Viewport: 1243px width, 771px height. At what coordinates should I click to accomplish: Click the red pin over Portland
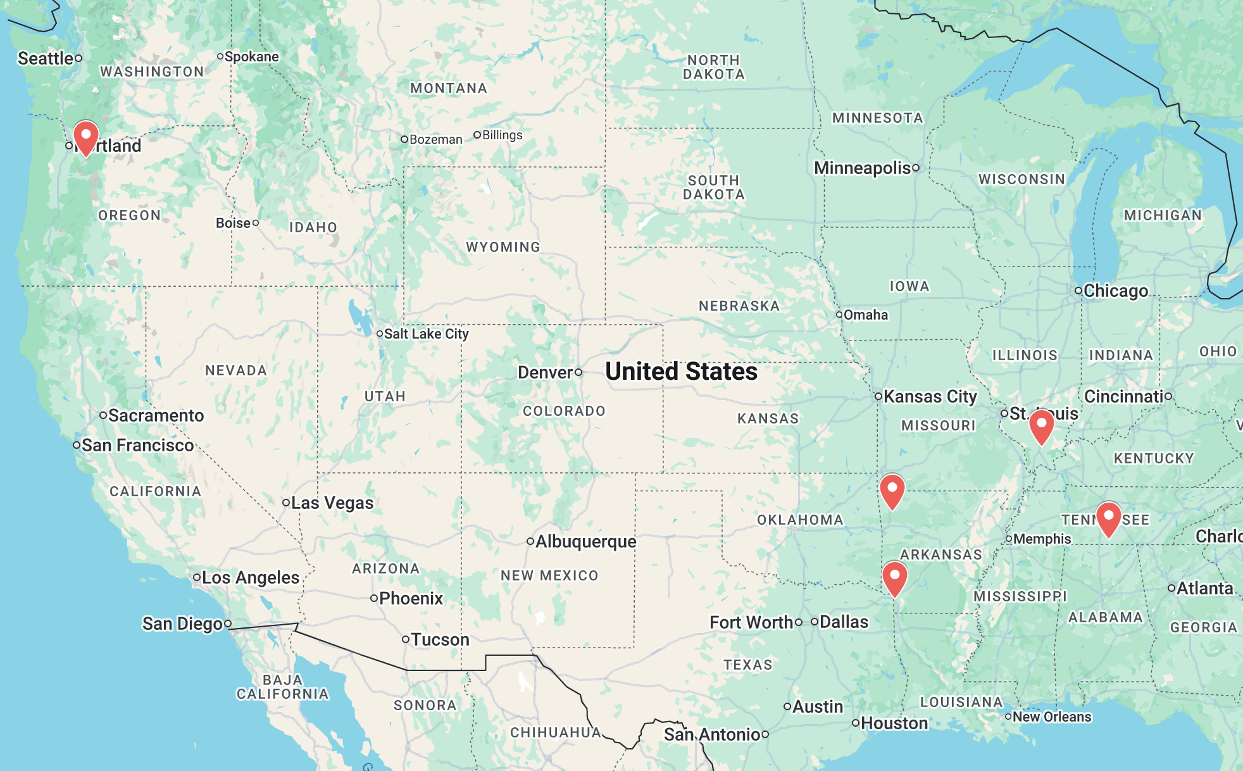[85, 137]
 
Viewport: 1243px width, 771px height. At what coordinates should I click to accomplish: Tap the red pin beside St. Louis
[1041, 425]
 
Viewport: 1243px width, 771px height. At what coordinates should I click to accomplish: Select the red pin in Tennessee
[1108, 518]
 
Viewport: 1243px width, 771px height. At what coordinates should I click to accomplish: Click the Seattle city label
[46, 58]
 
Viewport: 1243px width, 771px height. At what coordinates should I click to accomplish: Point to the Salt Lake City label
[426, 334]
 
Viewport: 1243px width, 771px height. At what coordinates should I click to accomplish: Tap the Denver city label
[546, 372]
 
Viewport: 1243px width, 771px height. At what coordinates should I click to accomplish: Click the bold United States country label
[681, 372]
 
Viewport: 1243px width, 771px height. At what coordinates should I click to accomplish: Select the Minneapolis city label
[862, 168]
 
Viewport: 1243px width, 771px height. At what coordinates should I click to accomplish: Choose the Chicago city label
[1115, 291]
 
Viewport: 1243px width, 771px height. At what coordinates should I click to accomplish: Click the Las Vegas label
[332, 503]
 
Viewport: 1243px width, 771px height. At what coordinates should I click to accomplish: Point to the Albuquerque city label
[585, 541]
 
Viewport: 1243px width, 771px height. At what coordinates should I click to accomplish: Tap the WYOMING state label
[503, 247]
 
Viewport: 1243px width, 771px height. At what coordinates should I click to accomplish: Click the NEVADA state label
[236, 370]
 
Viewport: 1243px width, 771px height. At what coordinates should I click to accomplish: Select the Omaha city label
[865, 315]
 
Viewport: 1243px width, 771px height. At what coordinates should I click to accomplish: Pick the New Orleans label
[1052, 717]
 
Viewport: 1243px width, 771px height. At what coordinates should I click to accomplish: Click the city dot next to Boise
[256, 223]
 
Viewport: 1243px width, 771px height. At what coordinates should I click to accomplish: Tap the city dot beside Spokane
[220, 56]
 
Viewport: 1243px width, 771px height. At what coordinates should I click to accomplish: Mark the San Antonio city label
[712, 734]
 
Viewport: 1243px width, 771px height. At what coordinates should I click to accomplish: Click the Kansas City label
[930, 396]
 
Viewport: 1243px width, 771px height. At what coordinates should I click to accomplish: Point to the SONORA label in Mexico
[425, 705]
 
